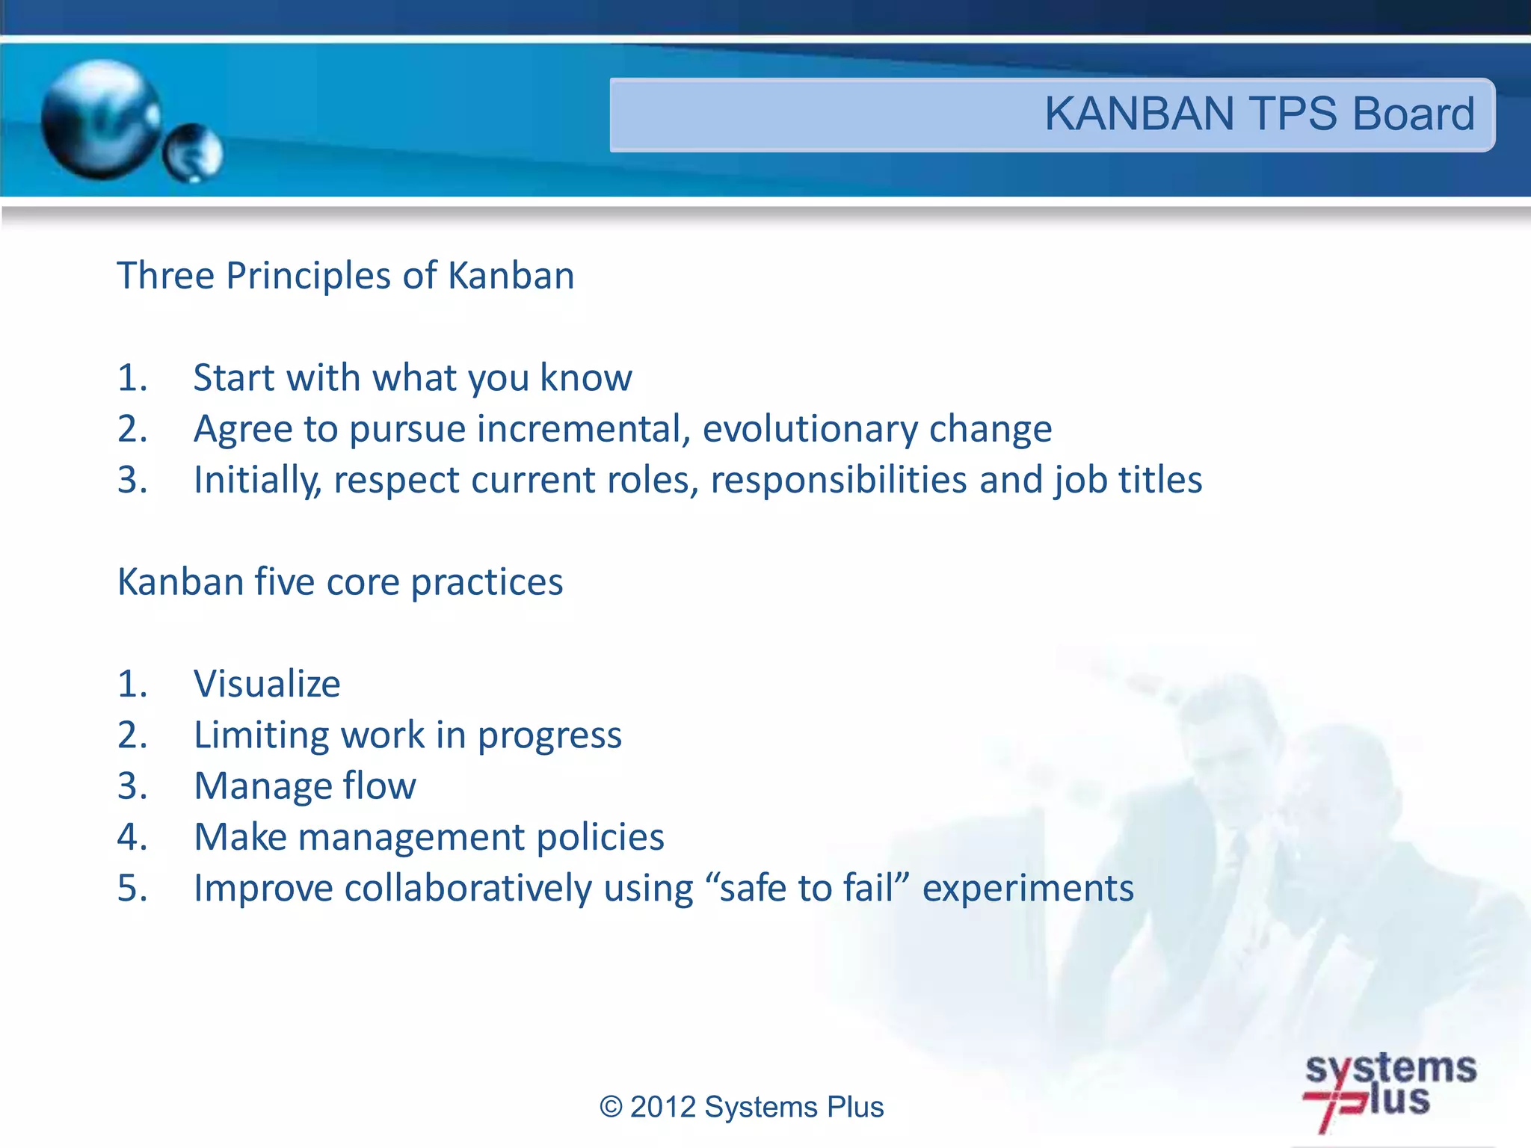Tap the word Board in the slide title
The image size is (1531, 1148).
click(x=1413, y=114)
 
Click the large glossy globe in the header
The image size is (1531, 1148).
click(x=102, y=120)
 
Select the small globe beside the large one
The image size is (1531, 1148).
click(x=193, y=153)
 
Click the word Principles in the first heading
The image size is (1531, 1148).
click(x=308, y=276)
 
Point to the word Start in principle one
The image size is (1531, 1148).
click(x=233, y=377)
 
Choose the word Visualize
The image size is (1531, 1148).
click(x=267, y=684)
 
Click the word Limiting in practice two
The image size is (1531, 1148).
click(x=261, y=735)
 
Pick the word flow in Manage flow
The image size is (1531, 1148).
click(x=379, y=786)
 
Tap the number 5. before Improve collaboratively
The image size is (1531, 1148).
click(x=132, y=889)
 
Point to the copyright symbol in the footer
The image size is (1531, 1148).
click(x=611, y=1107)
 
